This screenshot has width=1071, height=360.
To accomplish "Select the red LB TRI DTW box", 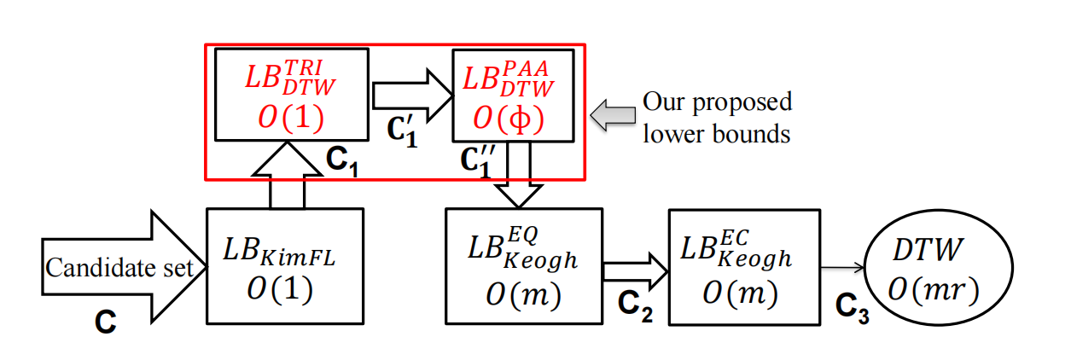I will pos(292,94).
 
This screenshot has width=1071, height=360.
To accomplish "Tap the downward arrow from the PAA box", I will pos(520,174).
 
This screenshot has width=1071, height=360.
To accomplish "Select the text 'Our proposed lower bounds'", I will pos(717,118).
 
